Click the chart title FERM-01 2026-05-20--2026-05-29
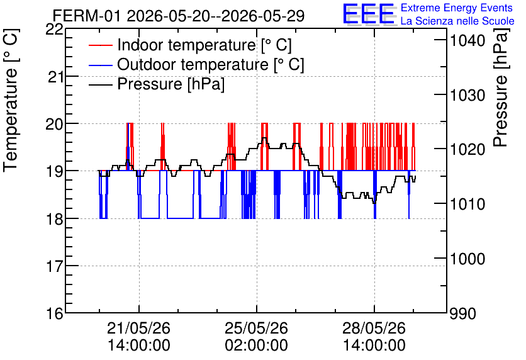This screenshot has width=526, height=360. tap(179, 16)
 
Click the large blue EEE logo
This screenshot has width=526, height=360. tap(369, 14)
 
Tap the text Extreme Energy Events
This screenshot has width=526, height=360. tap(457, 8)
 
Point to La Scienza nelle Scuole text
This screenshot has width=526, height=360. tap(457, 21)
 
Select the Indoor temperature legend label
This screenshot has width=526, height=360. tap(204, 45)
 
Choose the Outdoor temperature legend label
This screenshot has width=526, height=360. tap(211, 64)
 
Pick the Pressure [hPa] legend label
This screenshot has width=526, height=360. tap(171, 84)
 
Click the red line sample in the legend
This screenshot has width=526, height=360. tap(100, 45)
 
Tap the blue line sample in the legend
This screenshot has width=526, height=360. tap(100, 65)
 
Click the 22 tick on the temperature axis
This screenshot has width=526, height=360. tap(54, 30)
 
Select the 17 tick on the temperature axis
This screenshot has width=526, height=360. tap(54, 266)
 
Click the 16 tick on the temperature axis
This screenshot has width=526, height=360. tap(54, 313)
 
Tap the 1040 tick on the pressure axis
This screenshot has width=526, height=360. tap(467, 41)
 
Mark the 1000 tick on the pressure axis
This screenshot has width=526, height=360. tap(467, 259)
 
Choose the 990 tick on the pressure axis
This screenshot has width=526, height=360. tap(463, 313)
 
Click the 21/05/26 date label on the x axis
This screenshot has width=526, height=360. tap(138, 328)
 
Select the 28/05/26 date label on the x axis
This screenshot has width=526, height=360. tap(374, 328)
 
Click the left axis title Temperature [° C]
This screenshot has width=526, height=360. tap(11, 101)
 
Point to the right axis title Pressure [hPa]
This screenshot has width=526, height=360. tap(501, 87)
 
